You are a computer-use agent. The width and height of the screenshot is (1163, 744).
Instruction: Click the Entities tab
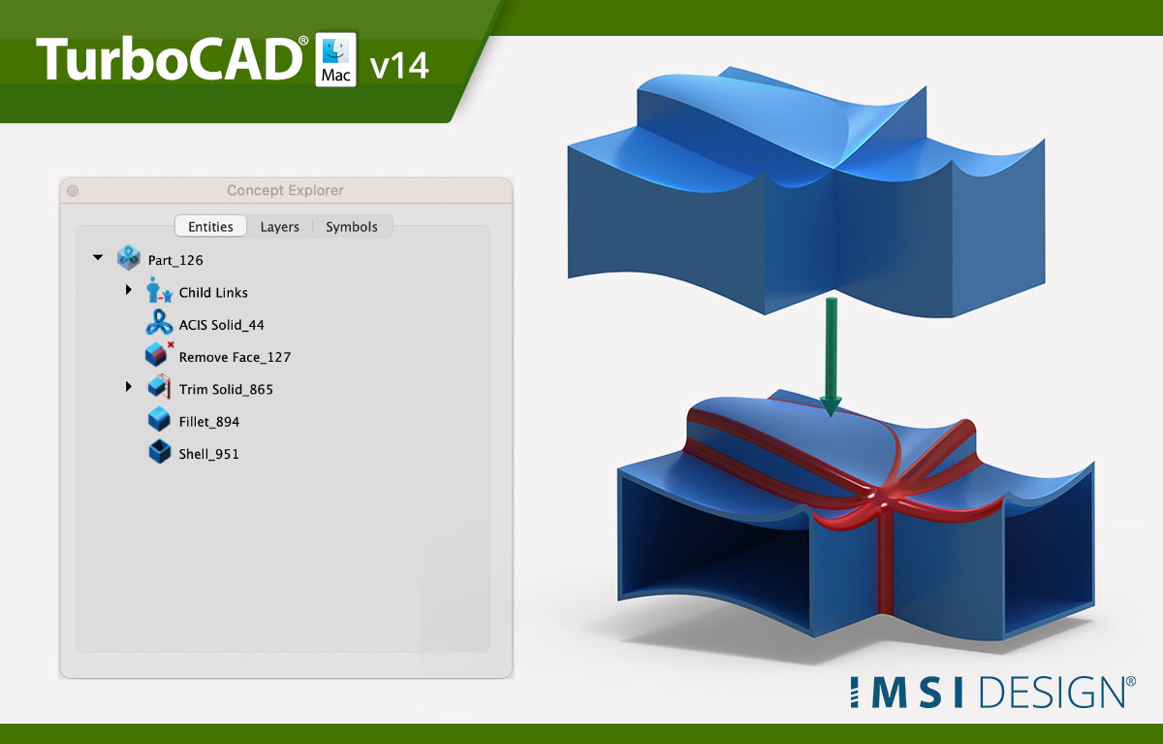click(210, 227)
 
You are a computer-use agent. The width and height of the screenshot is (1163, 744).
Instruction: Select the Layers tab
click(279, 227)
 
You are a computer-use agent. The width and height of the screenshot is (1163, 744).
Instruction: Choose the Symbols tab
click(352, 227)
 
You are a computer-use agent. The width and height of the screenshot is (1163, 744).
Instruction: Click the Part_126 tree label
click(175, 260)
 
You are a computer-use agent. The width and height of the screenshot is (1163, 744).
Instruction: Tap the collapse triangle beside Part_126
click(98, 257)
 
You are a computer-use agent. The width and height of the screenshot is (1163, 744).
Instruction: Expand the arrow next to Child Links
click(129, 289)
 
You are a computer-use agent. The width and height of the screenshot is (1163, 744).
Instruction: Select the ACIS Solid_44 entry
click(222, 325)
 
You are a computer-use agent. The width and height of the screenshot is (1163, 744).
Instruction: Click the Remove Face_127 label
click(235, 357)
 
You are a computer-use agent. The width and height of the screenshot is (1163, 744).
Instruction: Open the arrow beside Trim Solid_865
click(129, 386)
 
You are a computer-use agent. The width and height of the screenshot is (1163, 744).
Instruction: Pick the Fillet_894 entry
click(209, 421)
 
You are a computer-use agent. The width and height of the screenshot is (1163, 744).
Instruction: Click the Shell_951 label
click(208, 454)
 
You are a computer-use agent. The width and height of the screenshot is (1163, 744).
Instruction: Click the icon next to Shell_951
click(159, 451)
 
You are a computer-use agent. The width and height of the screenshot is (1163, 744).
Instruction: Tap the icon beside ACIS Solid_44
click(159, 323)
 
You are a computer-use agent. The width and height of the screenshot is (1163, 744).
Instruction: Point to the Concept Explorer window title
click(285, 190)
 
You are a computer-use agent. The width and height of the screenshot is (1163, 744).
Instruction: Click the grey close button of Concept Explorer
click(73, 191)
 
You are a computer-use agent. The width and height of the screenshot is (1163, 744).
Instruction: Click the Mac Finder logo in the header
click(336, 59)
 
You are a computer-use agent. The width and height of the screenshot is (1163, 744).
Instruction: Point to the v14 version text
click(399, 66)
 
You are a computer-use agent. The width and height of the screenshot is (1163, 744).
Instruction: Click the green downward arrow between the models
click(832, 356)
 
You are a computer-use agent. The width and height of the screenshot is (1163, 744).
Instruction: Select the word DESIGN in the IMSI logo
click(1053, 692)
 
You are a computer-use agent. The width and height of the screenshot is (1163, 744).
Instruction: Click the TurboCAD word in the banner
click(170, 59)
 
